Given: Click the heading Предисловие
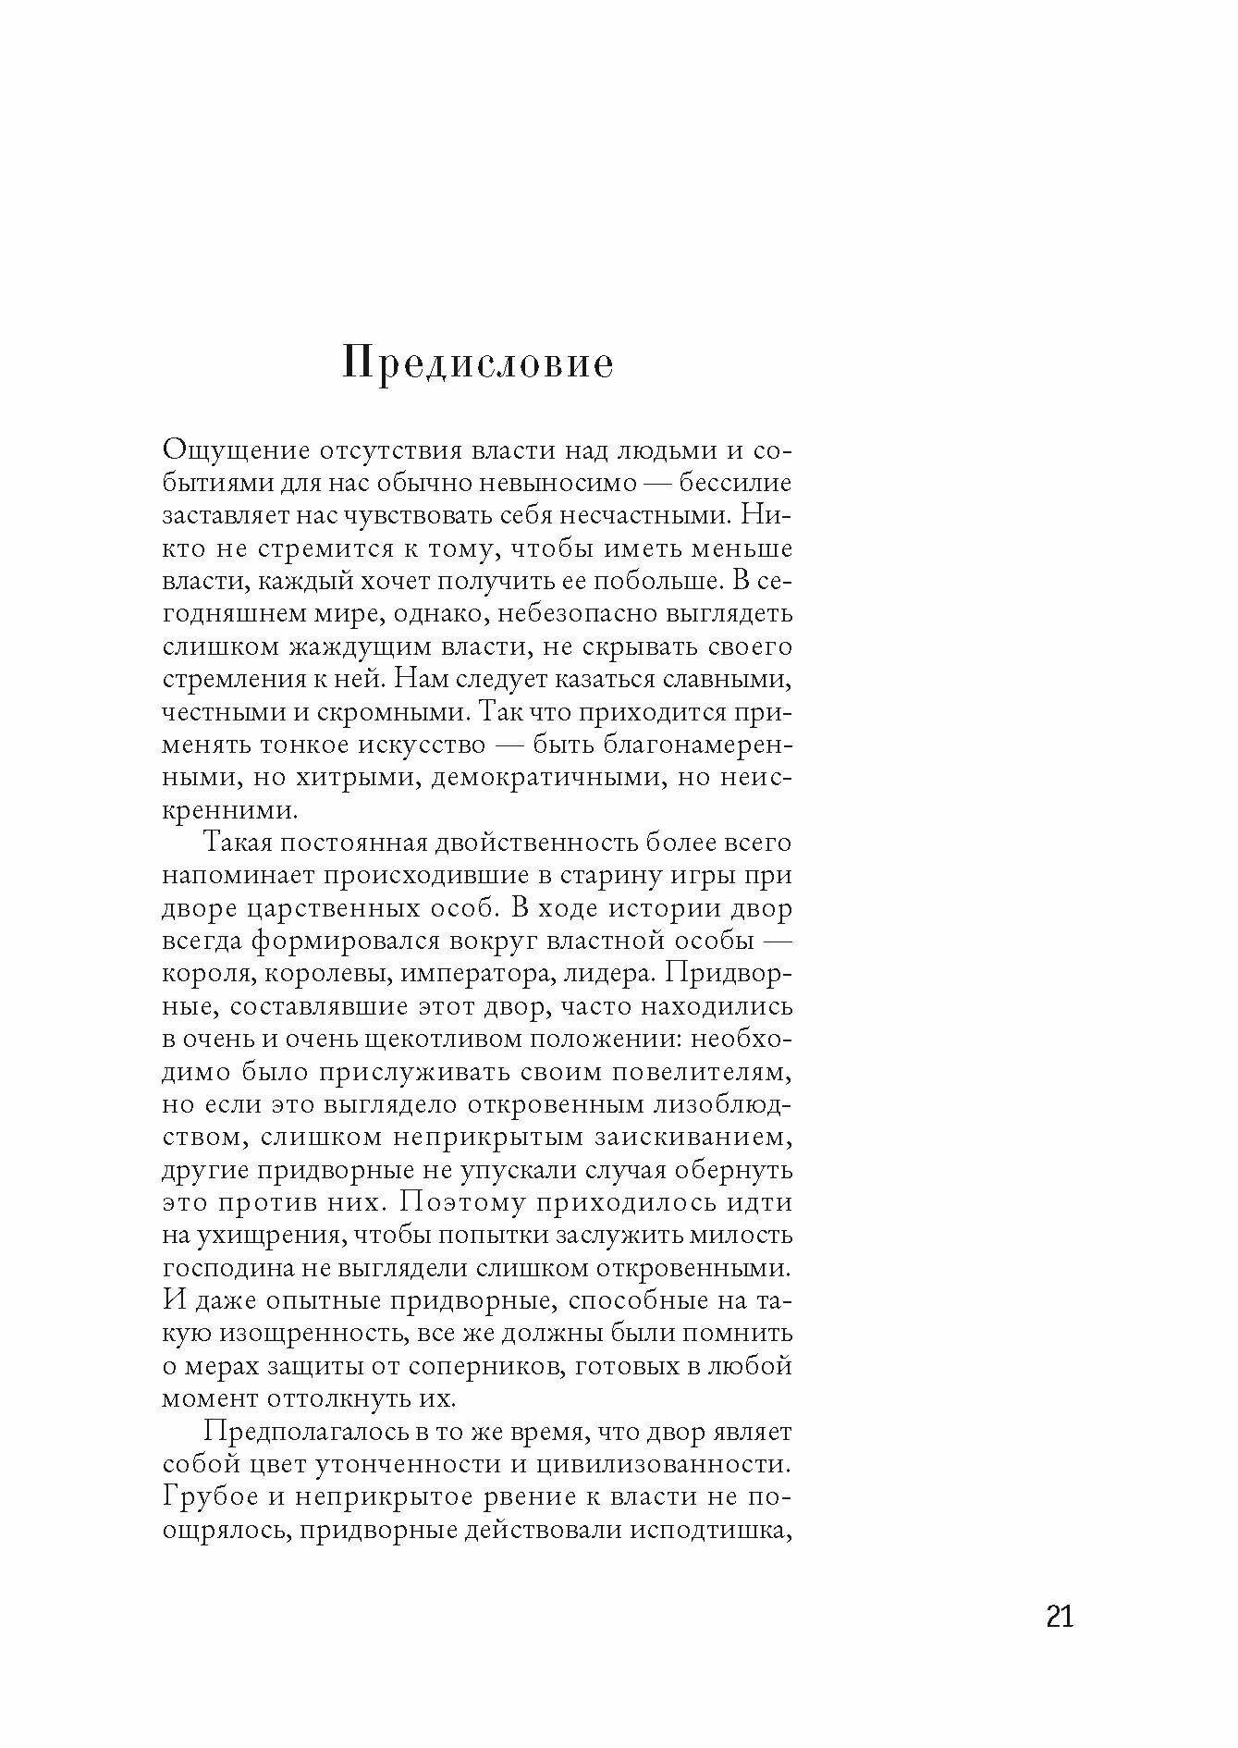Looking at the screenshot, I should pos(477,363).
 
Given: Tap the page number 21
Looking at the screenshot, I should pos(1060,1615).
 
